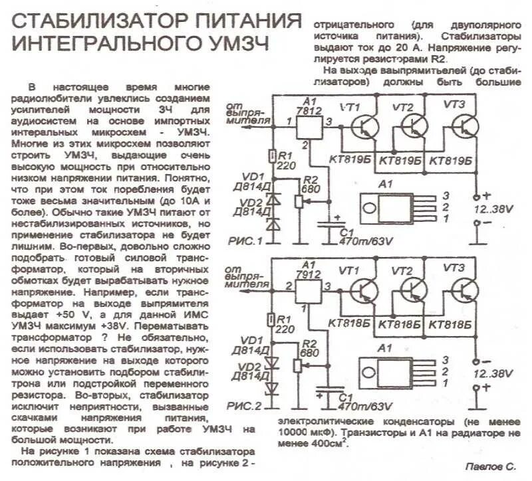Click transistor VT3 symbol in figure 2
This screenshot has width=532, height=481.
coord(464,290)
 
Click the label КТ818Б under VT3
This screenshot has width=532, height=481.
coord(452,325)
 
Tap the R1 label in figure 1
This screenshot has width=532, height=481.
coord(284,155)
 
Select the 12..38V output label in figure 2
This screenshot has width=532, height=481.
coord(493,374)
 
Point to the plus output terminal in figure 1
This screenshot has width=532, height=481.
coord(477,197)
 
